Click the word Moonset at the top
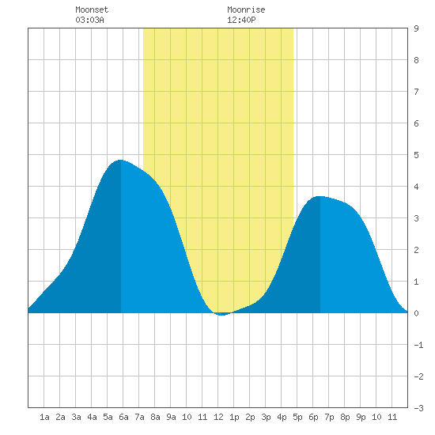(x=92, y=9)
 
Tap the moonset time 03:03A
(x=89, y=20)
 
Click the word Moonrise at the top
(x=246, y=9)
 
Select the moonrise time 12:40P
(x=241, y=20)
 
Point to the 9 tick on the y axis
(x=416, y=28)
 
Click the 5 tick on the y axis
(x=416, y=155)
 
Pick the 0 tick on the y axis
(x=416, y=313)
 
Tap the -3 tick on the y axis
(x=418, y=408)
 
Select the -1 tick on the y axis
(x=418, y=345)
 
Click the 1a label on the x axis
(x=44, y=417)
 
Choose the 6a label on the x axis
(x=123, y=417)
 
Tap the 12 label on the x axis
(x=218, y=417)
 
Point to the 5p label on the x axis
(x=297, y=417)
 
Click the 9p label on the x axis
(x=361, y=417)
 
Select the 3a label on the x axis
(x=76, y=417)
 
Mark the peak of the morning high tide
(x=121, y=160)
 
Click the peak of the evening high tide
(x=320, y=196)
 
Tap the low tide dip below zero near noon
(x=221, y=315)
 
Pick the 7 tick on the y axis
(x=416, y=92)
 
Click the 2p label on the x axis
(x=250, y=417)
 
